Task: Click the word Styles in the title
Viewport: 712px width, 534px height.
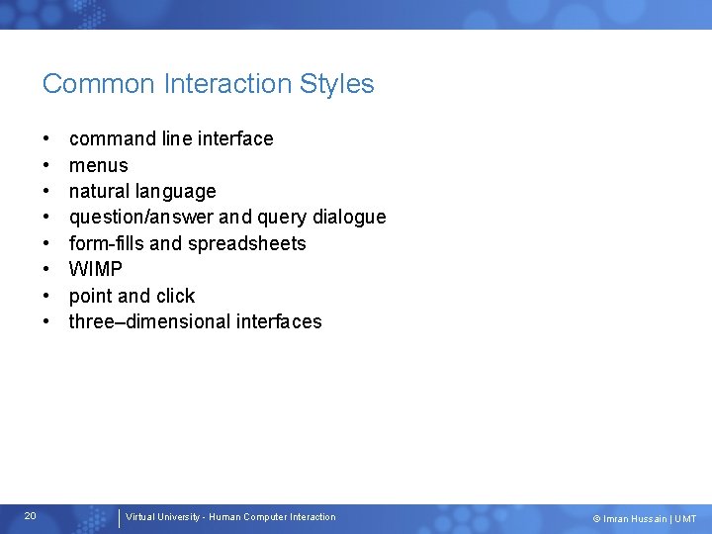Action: (339, 84)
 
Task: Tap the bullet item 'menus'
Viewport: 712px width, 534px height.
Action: (98, 165)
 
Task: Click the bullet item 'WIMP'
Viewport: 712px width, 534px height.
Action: (96, 270)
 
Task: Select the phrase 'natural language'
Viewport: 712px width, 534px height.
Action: (142, 192)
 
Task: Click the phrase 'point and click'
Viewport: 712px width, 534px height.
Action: (132, 296)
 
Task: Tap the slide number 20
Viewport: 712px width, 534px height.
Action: (31, 516)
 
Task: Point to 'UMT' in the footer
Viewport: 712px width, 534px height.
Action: (685, 518)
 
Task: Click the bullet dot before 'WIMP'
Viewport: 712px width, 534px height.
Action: (46, 270)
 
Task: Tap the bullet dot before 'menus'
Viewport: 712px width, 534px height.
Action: (46, 165)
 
